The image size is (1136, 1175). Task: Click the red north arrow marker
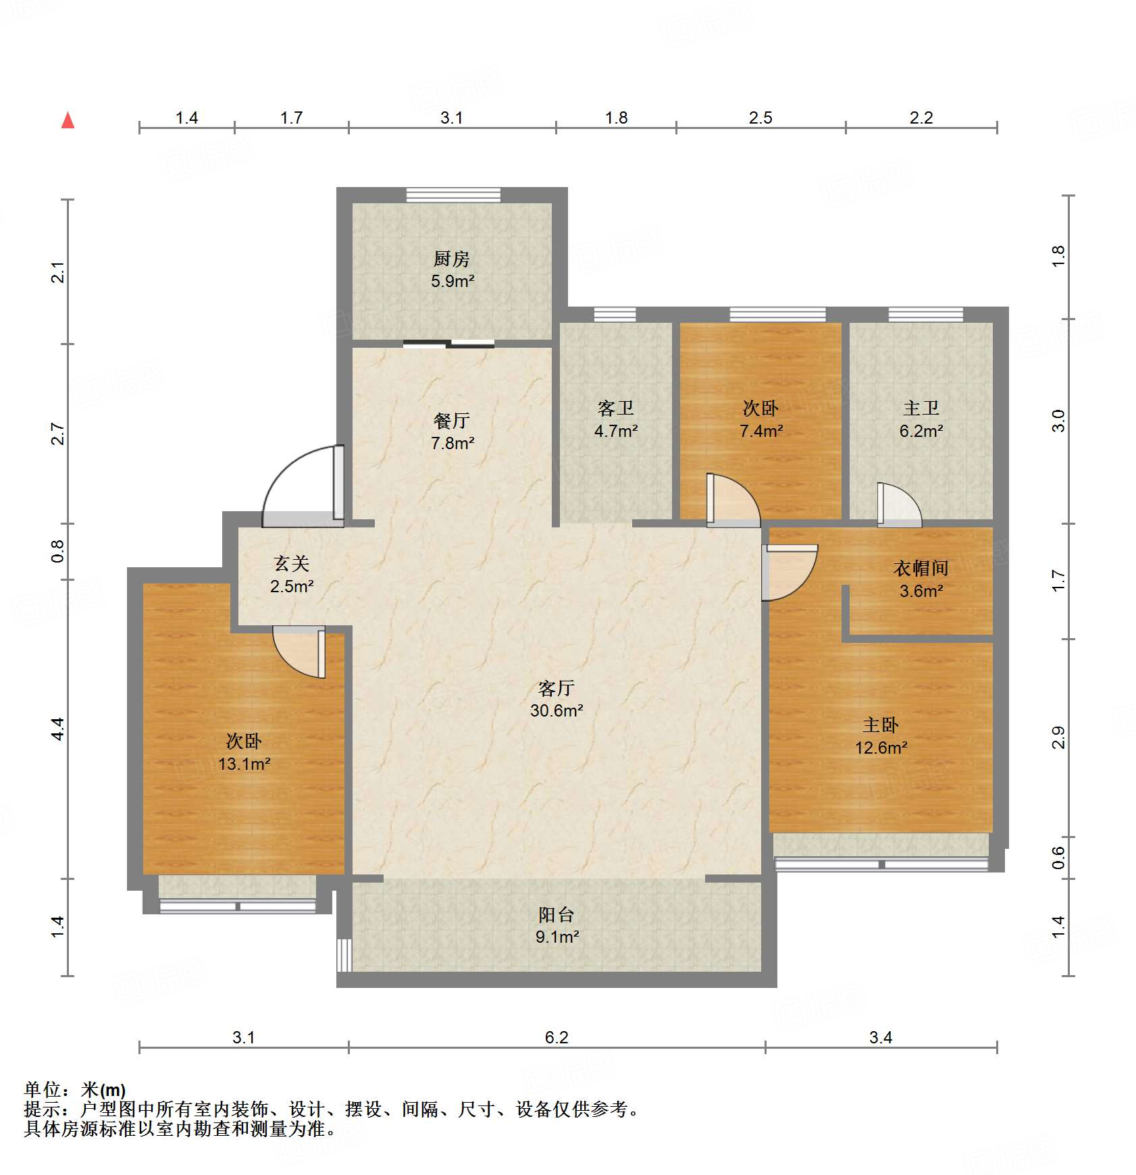pos(68,121)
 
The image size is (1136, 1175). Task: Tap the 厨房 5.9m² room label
pos(452,269)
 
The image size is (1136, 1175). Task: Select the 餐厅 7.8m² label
pos(452,432)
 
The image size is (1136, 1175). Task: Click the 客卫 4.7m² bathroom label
pos(616,419)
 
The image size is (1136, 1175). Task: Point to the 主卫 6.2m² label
pos(921,419)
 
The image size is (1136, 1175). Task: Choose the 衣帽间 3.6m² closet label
pos(921,579)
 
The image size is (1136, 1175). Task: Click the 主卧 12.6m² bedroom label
pos(881,736)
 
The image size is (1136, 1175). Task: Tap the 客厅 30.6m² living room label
pos(557,698)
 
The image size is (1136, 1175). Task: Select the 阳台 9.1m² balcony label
pos(557,925)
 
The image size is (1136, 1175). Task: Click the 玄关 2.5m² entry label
pos(292,574)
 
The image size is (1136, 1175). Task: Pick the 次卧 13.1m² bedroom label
pos(244,752)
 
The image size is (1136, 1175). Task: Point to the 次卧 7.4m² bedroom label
pos(760,419)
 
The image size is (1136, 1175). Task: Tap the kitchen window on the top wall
pos(453,195)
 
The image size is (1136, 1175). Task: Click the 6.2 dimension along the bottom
pos(557,1037)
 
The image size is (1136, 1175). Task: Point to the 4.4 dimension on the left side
pos(58,729)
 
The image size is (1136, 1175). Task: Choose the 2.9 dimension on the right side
pos(1058,737)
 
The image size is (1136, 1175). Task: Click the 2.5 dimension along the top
pos(760,118)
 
